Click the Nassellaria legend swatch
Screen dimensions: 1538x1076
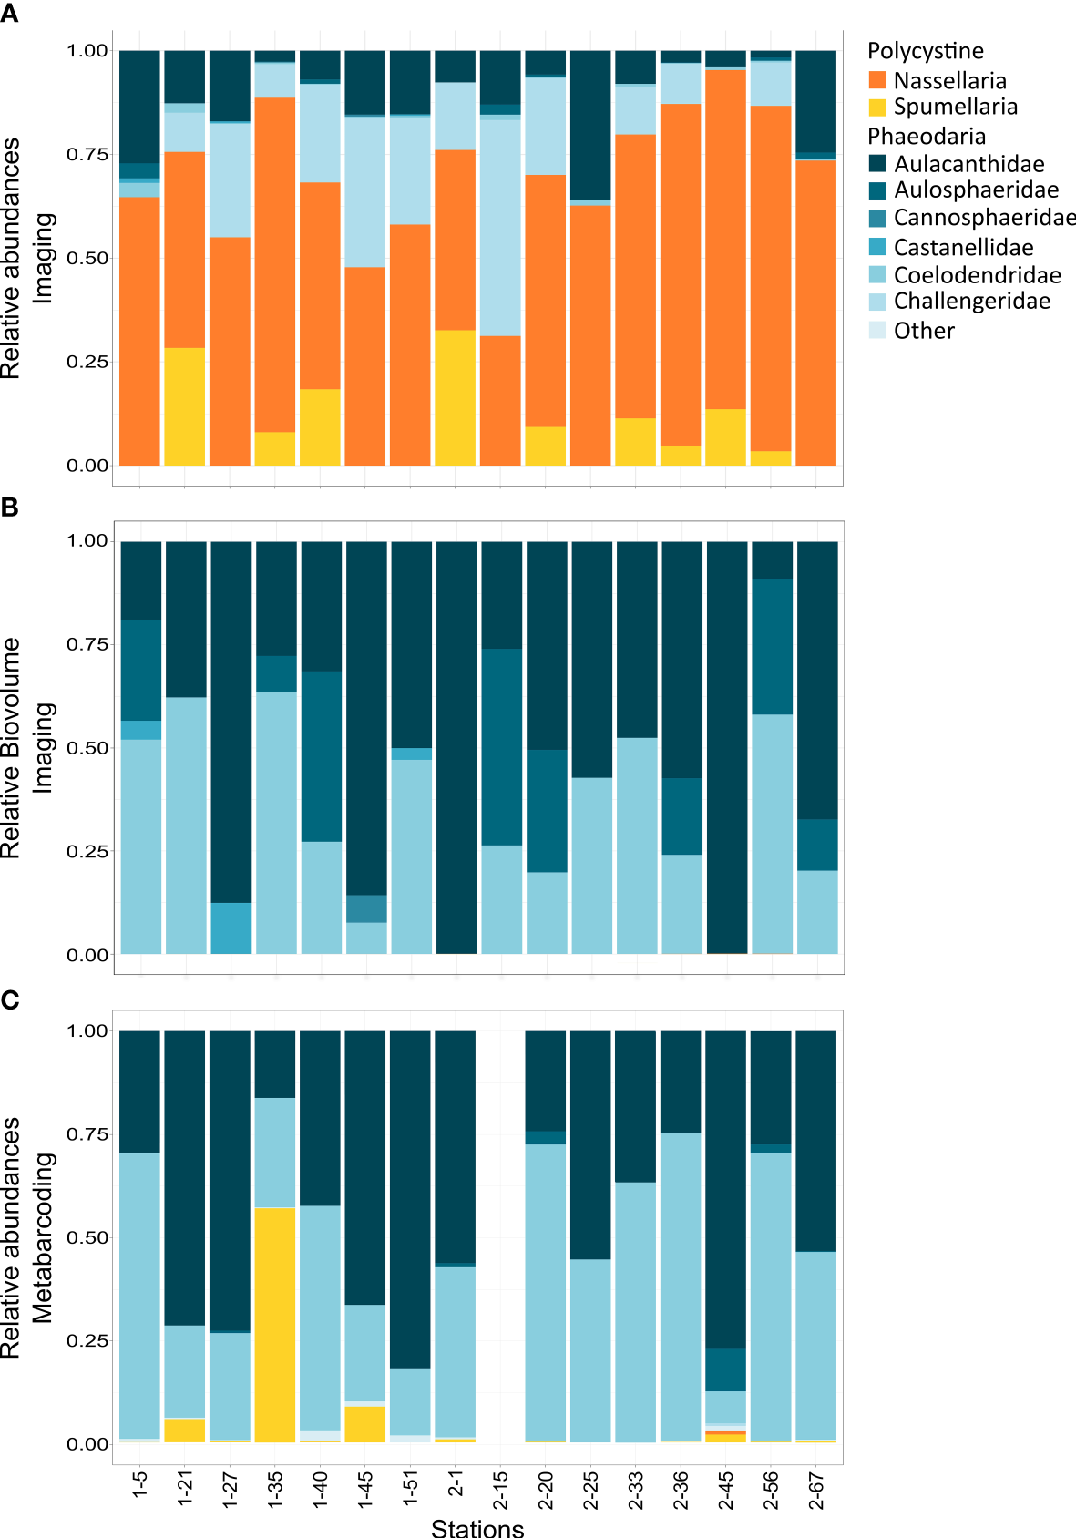pos(877,80)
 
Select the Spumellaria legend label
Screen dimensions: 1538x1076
pos(955,107)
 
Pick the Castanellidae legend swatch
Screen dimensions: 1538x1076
pos(877,247)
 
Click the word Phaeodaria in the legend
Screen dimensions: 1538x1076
pos(926,137)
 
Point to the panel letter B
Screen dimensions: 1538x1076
pos(10,508)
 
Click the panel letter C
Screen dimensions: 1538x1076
pos(10,1000)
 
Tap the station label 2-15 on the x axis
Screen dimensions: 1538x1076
pos(500,1490)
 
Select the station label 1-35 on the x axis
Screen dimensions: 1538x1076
pos(275,1490)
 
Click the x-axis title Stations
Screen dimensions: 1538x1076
pos(477,1527)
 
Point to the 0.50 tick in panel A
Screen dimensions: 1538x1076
pos(87,258)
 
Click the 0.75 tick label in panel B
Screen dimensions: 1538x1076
pos(87,644)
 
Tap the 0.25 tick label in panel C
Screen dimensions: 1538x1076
pos(87,1340)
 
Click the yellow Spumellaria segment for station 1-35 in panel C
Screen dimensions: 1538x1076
pos(275,1325)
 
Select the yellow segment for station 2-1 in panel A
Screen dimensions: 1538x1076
pos(455,397)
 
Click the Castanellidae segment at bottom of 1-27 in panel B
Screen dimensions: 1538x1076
pos(231,928)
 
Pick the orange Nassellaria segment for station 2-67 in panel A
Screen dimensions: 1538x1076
pos(815,313)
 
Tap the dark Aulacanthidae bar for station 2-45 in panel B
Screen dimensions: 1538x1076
pos(727,747)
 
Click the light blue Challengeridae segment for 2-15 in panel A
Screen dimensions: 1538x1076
pos(500,228)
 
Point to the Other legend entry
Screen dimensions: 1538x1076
pos(924,331)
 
